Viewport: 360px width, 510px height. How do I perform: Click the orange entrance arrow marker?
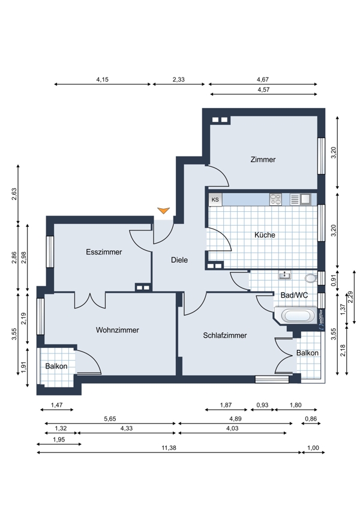pos(164,210)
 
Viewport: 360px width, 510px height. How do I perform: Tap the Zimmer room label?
pos(263,160)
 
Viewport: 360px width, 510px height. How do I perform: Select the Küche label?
pos(265,235)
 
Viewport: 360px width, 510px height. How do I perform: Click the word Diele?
pos(179,260)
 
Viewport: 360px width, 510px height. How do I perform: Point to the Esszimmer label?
pos(104,252)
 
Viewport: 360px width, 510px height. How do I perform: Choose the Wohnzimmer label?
pos(118,330)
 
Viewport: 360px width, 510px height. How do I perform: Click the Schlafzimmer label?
pos(225,335)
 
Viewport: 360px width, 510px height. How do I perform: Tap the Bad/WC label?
pos(295,295)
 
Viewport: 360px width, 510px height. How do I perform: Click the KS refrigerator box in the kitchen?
pos(215,200)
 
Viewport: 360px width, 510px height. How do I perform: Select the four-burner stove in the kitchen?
pos(275,199)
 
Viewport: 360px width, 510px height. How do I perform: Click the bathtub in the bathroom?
pos(295,316)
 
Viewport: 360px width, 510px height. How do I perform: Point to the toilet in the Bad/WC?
pos(311,278)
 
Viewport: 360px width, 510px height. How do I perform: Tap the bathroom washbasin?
pos(285,275)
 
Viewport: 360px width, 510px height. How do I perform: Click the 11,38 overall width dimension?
pos(169,448)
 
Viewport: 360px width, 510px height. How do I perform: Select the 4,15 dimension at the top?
pos(102,79)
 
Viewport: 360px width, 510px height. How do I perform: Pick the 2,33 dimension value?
pos(179,79)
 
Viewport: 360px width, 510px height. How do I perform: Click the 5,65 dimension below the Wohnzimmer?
pos(110,419)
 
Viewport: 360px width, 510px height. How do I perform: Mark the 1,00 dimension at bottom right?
pos(313,448)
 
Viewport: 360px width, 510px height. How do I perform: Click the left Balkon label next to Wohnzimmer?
pos(56,366)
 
